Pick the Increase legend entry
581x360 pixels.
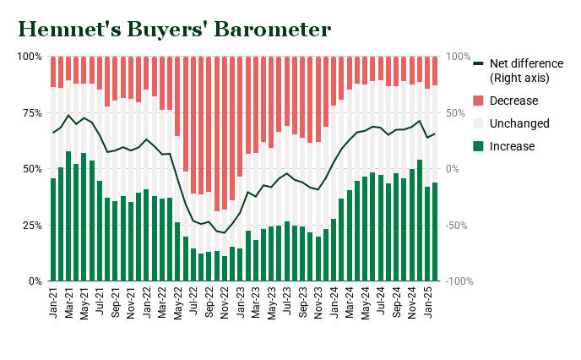(x=513, y=146)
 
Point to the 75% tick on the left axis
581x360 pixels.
(x=29, y=112)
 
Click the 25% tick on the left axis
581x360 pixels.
(x=29, y=225)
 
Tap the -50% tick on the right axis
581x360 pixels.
(x=457, y=225)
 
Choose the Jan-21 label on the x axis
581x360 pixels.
(x=53, y=302)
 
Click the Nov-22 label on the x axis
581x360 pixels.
(x=225, y=302)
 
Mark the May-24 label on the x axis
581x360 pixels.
(x=365, y=302)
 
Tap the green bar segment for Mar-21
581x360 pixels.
(x=68, y=216)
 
